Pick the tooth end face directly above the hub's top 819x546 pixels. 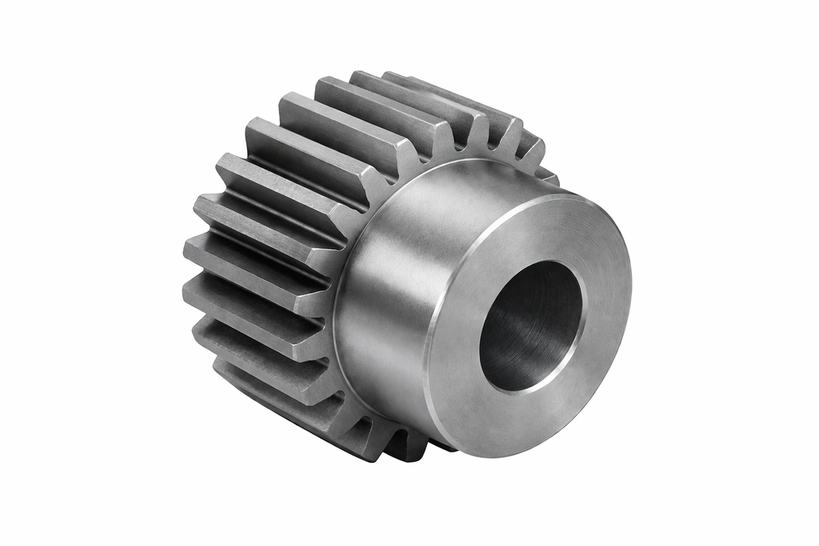tap(448, 136)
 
